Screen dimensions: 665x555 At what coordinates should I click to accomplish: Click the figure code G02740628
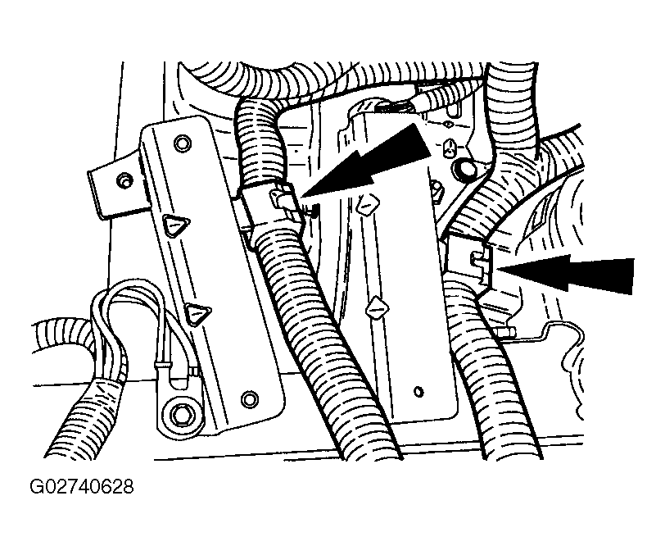tap(81, 487)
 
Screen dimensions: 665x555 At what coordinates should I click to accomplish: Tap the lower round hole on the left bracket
tap(249, 398)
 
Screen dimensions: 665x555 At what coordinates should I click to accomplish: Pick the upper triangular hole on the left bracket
tap(175, 226)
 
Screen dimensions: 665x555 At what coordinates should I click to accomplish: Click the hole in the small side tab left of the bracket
tap(123, 180)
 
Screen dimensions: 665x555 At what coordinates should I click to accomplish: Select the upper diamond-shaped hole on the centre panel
tap(366, 205)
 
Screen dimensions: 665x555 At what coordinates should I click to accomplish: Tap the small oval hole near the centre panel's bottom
tap(418, 391)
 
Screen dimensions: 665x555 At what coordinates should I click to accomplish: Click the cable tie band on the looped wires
tap(161, 365)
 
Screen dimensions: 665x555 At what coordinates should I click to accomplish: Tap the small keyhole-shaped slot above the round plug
tap(450, 148)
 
